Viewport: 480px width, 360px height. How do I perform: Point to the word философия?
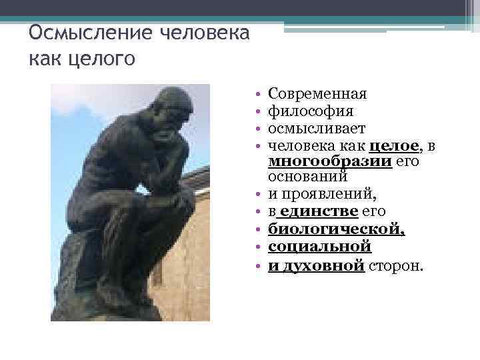click(x=310, y=111)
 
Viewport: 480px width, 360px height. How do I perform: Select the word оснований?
click(x=308, y=177)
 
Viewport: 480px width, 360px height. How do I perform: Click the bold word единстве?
click(x=320, y=212)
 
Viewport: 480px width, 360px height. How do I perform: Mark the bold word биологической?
click(x=337, y=229)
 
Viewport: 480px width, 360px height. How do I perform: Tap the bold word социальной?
click(x=319, y=247)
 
